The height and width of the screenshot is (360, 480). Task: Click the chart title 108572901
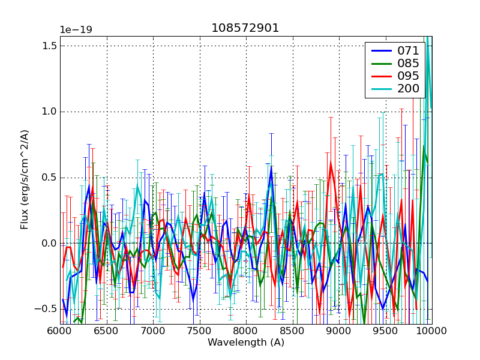click(x=245, y=28)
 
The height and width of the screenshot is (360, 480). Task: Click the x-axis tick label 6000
click(x=60, y=331)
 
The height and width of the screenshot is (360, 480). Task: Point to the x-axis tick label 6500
click(x=107, y=331)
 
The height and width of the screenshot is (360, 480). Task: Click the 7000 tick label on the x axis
click(x=153, y=331)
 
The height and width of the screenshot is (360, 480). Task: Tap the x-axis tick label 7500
click(x=200, y=331)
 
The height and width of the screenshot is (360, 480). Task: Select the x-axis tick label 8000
click(x=246, y=331)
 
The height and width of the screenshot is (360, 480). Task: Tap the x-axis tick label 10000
click(x=430, y=331)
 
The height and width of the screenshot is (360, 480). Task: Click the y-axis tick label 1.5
click(x=50, y=46)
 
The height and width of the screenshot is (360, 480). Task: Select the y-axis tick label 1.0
click(x=50, y=112)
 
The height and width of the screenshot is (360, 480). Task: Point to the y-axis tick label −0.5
click(x=47, y=309)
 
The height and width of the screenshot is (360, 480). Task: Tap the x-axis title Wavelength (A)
click(x=246, y=343)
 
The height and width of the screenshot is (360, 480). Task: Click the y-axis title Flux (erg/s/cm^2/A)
click(x=25, y=180)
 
